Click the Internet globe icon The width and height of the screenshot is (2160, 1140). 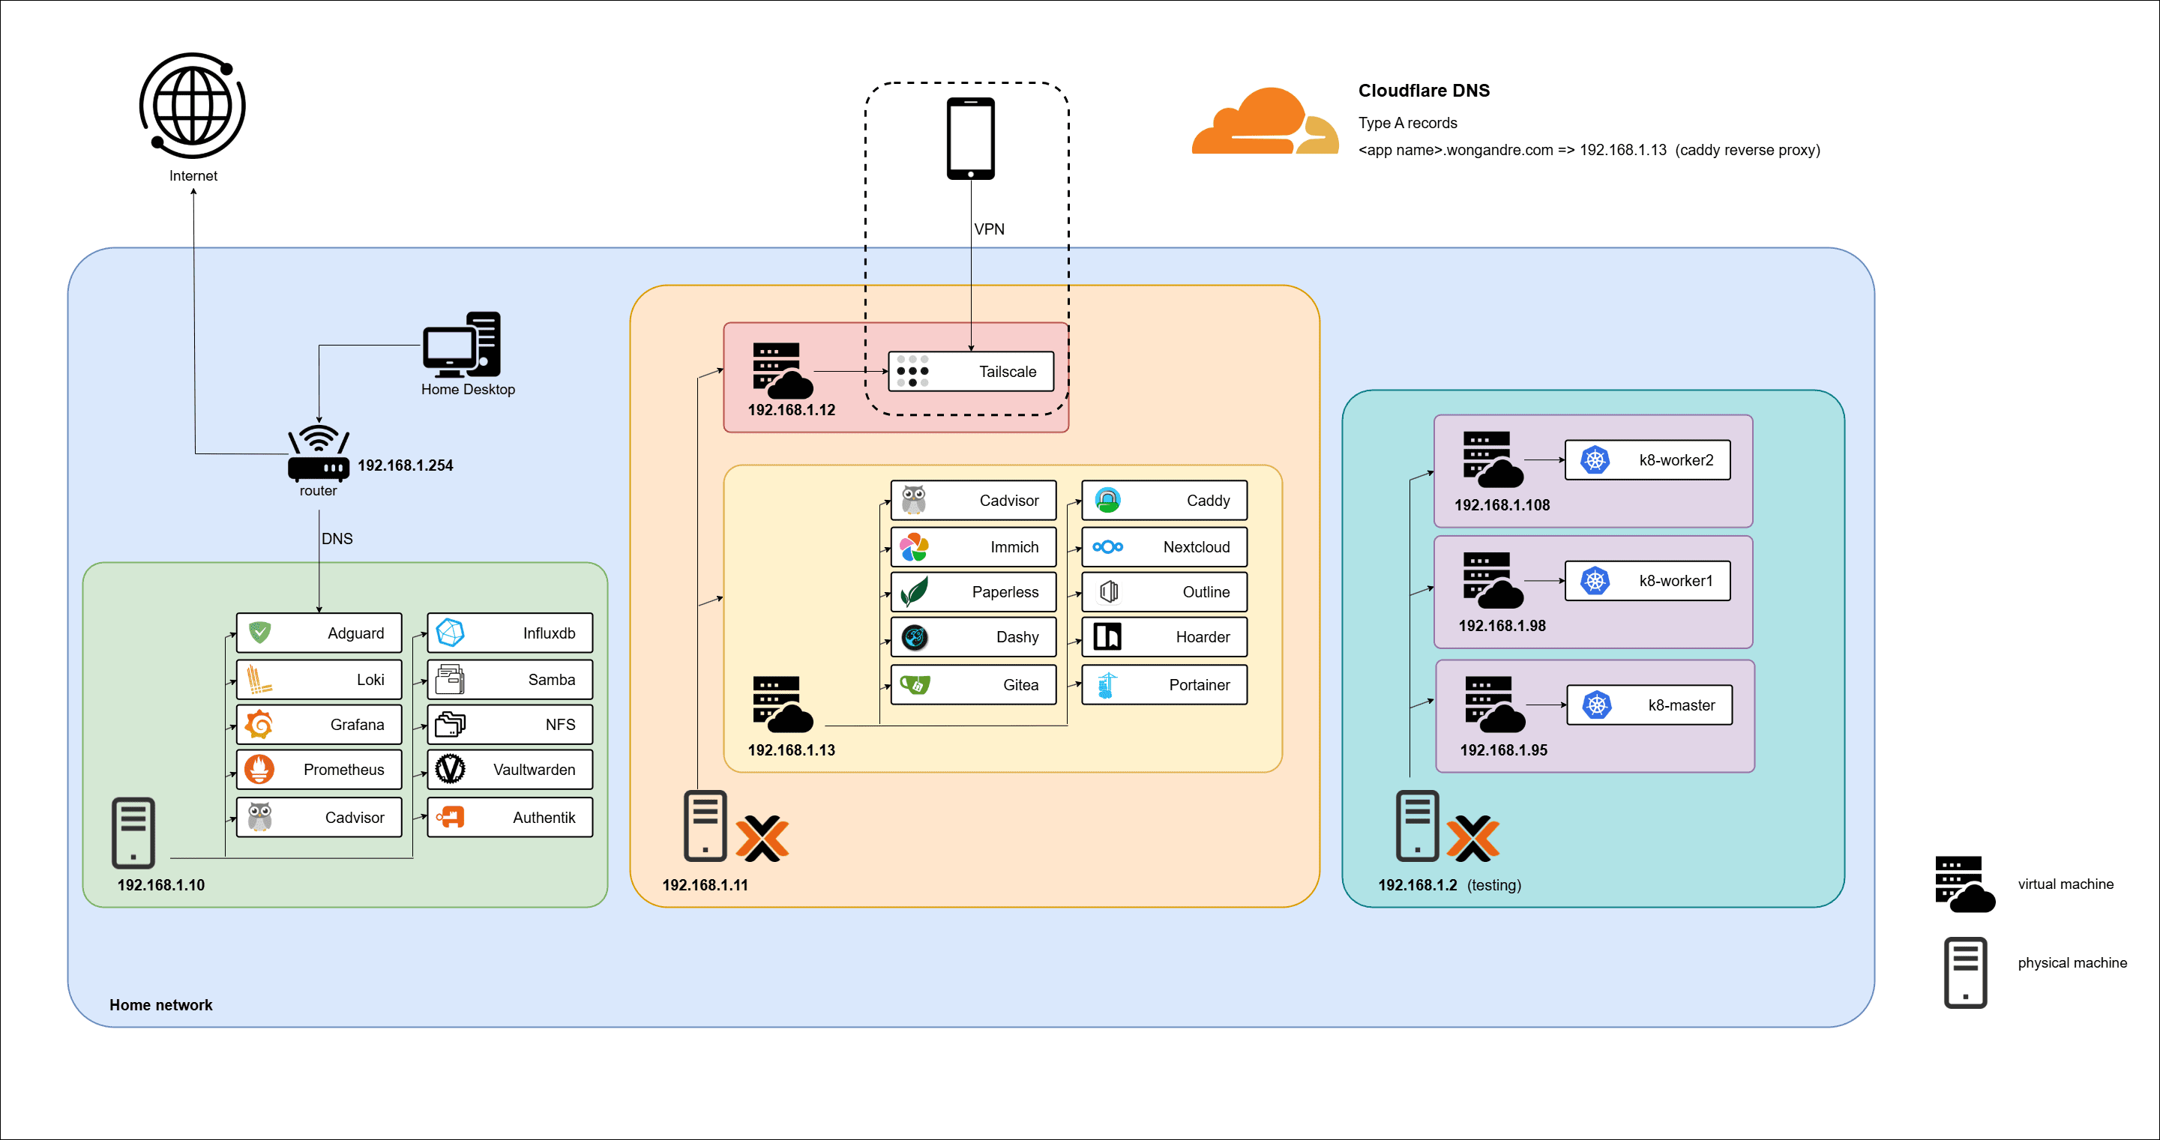pyautogui.click(x=192, y=106)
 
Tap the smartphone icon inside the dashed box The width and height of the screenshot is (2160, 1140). pyautogui.click(x=970, y=139)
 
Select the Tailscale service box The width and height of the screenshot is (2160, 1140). pyautogui.click(x=970, y=371)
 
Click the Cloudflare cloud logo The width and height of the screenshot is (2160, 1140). pyautogui.click(x=1265, y=122)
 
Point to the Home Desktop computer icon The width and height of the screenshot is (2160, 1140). pyautogui.click(x=462, y=345)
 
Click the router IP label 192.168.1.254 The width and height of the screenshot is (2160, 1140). pyautogui.click(x=405, y=465)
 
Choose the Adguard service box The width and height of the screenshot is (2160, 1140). pyautogui.click(x=319, y=633)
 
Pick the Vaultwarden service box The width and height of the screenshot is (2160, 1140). pyautogui.click(x=510, y=770)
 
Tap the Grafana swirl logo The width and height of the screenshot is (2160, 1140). pyautogui.click(x=259, y=724)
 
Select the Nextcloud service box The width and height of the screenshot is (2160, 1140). pyautogui.click(x=1164, y=546)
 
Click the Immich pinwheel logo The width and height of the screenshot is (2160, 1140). pyautogui.click(x=913, y=547)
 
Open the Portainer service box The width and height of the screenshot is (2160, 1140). pyautogui.click(x=1164, y=685)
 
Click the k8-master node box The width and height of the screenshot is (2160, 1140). pyautogui.click(x=1649, y=705)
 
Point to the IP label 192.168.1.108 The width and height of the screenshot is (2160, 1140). pyautogui.click(x=1502, y=505)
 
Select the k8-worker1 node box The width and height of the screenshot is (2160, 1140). pyautogui.click(x=1647, y=581)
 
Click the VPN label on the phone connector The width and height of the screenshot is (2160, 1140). pyautogui.click(x=989, y=229)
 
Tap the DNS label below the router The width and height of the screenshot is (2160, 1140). pyautogui.click(x=337, y=539)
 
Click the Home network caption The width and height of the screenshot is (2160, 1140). pyautogui.click(x=161, y=1005)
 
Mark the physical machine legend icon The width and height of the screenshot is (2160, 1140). pyautogui.click(x=1964, y=972)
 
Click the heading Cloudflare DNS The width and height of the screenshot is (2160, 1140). pyautogui.click(x=1424, y=91)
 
